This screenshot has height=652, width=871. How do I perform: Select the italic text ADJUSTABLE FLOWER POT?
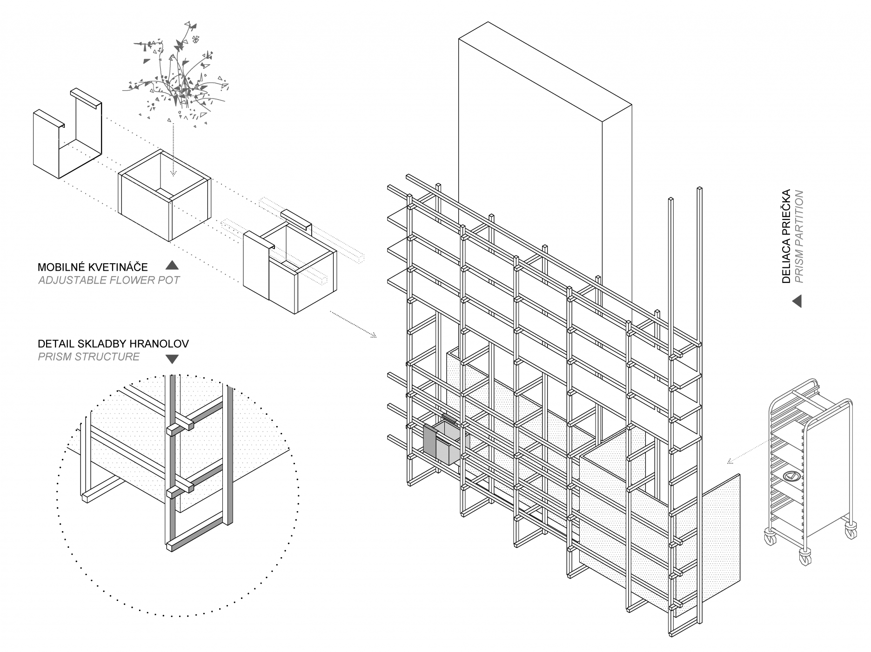click(109, 280)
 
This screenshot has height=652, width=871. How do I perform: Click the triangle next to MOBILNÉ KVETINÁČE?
click(172, 266)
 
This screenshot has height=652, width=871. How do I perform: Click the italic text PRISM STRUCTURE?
click(88, 357)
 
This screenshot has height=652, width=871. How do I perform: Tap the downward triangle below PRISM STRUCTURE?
click(172, 359)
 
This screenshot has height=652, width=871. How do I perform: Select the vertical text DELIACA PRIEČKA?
click(786, 236)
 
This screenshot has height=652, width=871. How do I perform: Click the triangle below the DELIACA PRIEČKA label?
click(797, 301)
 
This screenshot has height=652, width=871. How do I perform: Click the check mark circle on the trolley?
click(790, 476)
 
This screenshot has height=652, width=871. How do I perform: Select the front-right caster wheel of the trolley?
click(805, 556)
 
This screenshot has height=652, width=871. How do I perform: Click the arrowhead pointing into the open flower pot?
click(173, 174)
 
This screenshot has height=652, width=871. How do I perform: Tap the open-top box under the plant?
click(164, 195)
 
